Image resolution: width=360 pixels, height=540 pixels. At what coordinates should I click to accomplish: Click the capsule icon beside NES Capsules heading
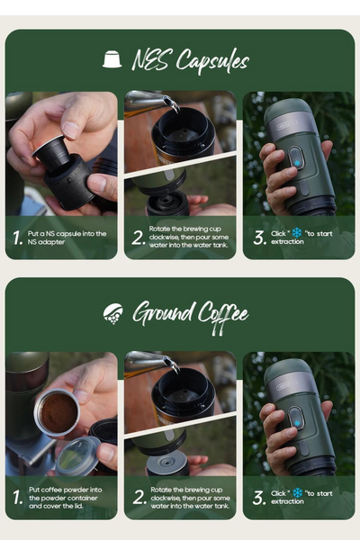112,59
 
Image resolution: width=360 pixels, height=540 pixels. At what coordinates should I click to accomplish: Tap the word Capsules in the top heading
212,61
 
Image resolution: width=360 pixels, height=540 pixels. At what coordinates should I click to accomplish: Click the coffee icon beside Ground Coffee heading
113,314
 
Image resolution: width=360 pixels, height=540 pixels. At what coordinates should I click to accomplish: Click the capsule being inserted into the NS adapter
49,153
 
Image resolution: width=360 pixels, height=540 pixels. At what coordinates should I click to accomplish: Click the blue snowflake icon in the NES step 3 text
297,233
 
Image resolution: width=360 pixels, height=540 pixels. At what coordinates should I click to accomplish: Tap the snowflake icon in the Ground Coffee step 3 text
297,493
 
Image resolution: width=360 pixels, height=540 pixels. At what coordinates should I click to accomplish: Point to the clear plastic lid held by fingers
76,456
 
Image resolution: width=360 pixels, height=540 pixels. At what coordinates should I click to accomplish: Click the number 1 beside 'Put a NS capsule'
18,238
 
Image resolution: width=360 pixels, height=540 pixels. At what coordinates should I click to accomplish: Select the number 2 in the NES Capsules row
138,238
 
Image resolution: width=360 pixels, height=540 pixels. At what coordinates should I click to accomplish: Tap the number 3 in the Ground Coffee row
259,498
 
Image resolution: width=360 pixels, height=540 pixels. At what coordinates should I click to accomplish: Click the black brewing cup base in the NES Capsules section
167,203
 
